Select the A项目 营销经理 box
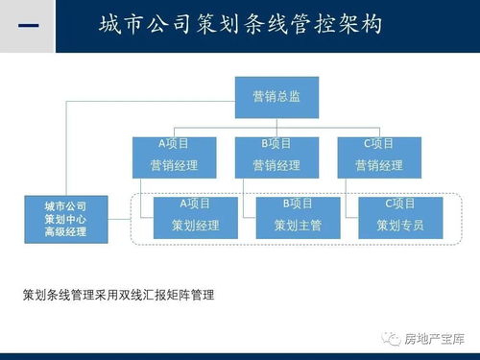[174, 155]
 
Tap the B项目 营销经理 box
[276, 155]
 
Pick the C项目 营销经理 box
[378, 155]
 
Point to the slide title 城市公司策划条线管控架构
[240, 25]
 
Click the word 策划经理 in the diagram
[195, 228]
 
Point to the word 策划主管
[298, 228]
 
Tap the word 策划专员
[400, 228]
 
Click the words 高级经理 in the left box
[64, 232]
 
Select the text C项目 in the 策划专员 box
[400, 204]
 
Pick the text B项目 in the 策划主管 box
[298, 204]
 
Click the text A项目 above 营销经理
[174, 144]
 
